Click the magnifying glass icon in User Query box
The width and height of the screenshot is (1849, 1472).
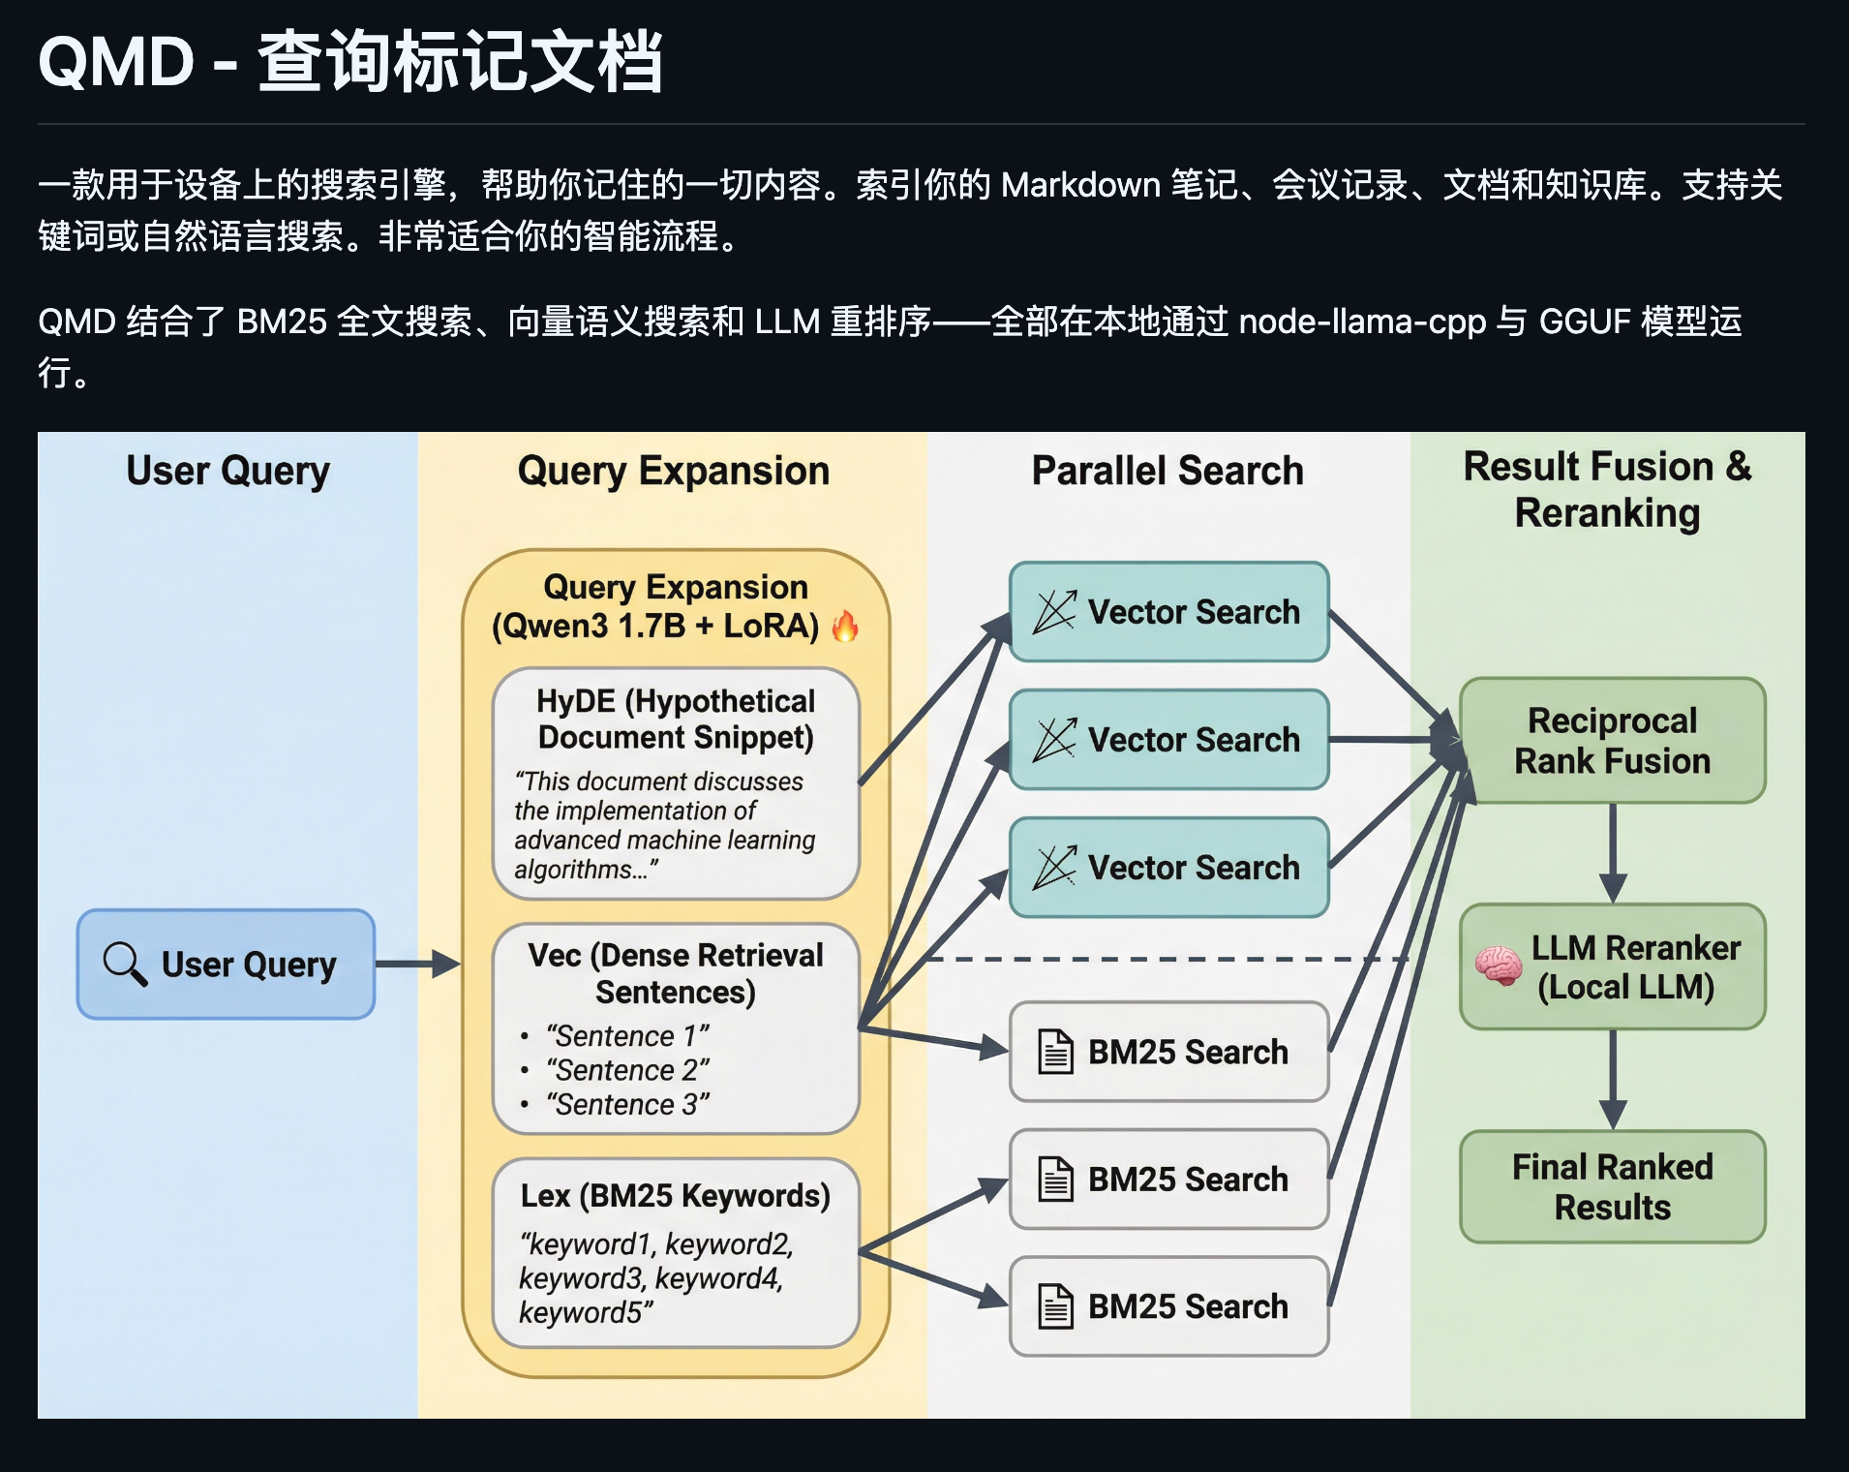125,964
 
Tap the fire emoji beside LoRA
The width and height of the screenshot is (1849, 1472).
845,627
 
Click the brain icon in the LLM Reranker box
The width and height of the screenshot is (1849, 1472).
1498,966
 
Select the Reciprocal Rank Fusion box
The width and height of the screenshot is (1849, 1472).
1612,741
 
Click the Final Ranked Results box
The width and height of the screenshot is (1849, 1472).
1612,1186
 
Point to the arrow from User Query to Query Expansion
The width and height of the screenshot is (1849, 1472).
417,964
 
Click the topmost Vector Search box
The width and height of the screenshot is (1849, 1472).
1168,612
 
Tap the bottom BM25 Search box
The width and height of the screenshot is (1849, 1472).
1168,1306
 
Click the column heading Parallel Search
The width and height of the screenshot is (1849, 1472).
1167,471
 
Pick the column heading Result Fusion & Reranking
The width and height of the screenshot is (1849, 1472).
1607,490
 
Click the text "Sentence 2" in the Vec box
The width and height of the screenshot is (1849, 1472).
627,1070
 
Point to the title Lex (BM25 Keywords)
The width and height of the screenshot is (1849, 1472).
676,1196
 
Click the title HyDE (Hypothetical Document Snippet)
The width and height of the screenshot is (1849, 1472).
676,719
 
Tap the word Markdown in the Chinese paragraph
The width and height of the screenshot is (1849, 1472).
1080,185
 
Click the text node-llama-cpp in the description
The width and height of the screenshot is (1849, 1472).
1362,322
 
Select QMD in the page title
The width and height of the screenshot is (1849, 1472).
116,62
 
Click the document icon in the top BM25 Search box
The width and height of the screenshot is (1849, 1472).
1055,1052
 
